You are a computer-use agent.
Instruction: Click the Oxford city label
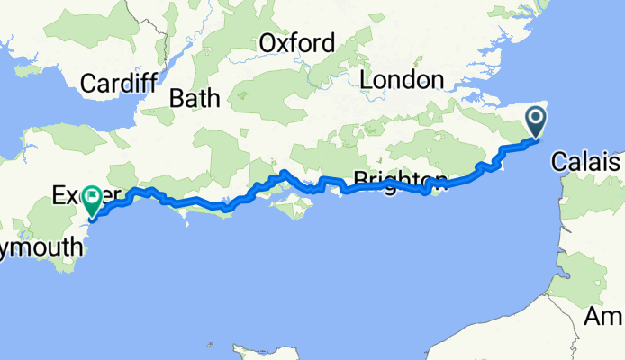(x=297, y=42)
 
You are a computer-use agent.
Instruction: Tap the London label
(x=402, y=80)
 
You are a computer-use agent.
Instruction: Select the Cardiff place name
(x=119, y=84)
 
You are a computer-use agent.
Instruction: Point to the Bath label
(x=195, y=98)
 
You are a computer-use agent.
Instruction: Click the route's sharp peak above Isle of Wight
(x=283, y=171)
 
